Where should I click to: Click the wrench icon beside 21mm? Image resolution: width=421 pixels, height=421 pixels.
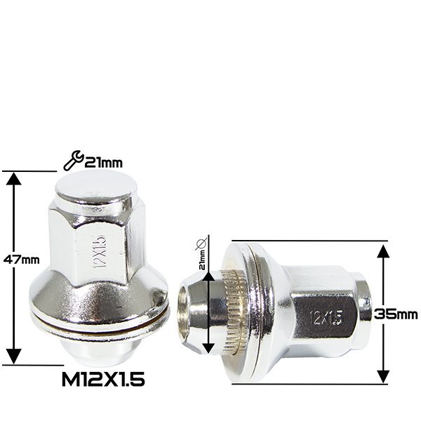tap(73, 160)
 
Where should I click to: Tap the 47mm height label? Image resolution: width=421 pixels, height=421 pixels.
tap(22, 260)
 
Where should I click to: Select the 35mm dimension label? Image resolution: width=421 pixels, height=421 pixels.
tap(396, 314)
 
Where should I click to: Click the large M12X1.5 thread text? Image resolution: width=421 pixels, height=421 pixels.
tap(103, 380)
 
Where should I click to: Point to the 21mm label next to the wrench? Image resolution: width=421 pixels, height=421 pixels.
tap(103, 163)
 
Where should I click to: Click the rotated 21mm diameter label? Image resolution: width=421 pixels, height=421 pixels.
tap(202, 260)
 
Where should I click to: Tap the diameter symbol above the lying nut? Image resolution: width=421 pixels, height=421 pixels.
tap(201, 243)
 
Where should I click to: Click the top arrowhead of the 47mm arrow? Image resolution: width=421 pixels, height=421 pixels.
tap(14, 178)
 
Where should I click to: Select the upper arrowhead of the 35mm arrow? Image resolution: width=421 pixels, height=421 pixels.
tap(383, 251)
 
